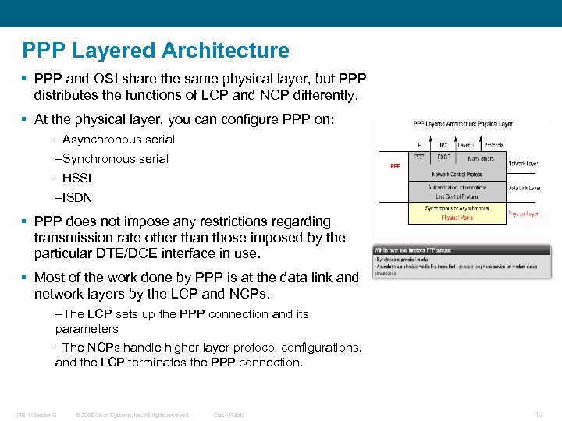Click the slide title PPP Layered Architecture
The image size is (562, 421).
click(156, 51)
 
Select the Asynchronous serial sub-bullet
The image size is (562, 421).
click(116, 140)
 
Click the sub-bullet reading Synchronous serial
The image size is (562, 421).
click(112, 159)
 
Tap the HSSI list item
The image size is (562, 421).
click(74, 179)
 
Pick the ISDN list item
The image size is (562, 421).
click(74, 198)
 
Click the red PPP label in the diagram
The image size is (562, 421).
click(395, 165)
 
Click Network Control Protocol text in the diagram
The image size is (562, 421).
click(457, 175)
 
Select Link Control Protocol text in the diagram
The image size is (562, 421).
click(457, 196)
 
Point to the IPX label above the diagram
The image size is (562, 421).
click(443, 145)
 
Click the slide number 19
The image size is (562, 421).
click(539, 415)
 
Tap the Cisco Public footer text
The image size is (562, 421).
click(229, 415)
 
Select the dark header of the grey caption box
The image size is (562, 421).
click(461, 249)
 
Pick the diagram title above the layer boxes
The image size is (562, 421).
click(462, 123)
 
